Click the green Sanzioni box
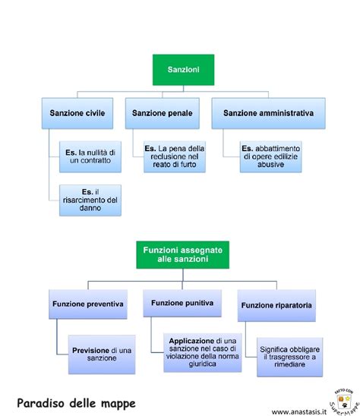pyautogui.click(x=183, y=69)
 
